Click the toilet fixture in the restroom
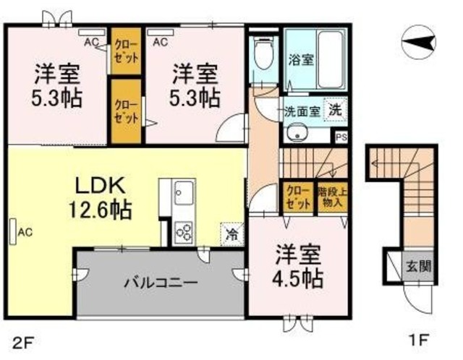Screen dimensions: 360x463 click(263, 56)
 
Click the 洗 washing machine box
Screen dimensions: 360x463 click(334, 111)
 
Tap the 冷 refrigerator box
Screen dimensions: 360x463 click(232, 233)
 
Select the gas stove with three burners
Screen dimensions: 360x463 click(183, 231)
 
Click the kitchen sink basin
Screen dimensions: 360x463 click(182, 193)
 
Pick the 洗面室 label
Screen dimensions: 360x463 click(300, 111)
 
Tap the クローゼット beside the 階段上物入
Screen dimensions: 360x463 click(297, 197)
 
